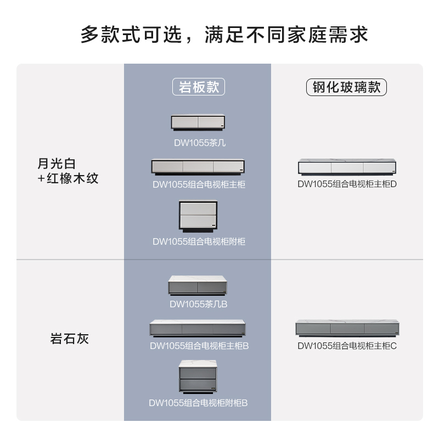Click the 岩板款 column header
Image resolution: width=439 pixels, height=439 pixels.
199,88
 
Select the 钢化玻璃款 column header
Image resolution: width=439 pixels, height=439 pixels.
346,88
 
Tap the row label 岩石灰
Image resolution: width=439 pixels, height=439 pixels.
69,339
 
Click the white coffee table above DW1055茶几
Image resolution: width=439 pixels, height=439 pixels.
198,123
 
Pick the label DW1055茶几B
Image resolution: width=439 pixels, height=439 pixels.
198,303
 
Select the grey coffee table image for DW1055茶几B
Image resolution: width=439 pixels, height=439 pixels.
198,285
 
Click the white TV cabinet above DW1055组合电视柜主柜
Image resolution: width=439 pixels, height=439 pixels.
198,167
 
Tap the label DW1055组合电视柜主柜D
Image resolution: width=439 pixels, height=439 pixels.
347,184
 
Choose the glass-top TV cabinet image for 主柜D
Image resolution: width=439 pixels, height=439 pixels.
347,167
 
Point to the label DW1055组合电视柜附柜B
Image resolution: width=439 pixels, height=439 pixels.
198,403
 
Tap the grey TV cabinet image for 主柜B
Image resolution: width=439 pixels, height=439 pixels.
198,328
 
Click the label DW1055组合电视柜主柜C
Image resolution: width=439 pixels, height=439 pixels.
347,346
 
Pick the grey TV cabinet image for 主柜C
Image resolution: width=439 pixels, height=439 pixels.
347,328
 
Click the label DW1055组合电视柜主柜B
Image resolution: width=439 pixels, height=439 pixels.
199,346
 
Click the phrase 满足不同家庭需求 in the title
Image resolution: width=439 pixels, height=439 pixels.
286,35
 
